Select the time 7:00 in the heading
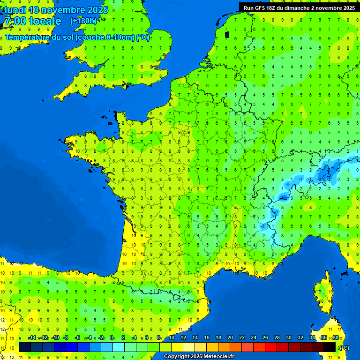[15, 21]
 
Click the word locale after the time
[45, 21]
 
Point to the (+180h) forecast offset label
[83, 21]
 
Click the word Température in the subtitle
[30, 37]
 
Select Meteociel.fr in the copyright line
[219, 357]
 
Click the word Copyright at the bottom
[176, 357]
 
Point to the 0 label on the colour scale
[112, 337]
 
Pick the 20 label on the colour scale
[230, 337]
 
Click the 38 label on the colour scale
[335, 337]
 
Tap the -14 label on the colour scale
[32, 337]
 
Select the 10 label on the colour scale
[171, 337]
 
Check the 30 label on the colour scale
[288, 337]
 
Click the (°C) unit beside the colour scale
[344, 347]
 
